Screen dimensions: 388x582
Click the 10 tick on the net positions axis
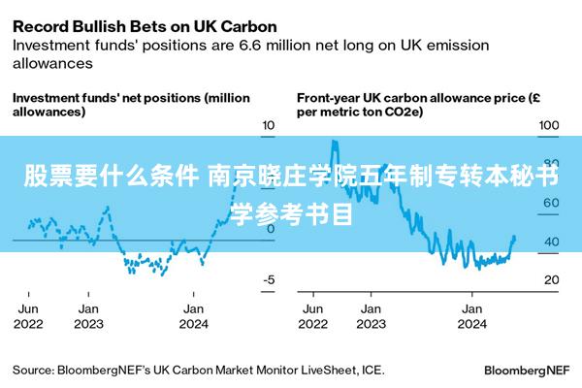[269, 125]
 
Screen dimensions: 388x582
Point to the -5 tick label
[270, 279]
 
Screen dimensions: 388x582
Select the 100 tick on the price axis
[549, 125]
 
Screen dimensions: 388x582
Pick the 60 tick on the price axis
[550, 203]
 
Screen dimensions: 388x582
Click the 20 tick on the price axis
[550, 279]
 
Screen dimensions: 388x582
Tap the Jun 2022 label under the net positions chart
[28, 315]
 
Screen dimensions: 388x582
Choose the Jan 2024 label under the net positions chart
[194, 315]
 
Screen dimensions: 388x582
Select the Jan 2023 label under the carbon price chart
[372, 315]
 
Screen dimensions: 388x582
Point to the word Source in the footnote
[33, 370]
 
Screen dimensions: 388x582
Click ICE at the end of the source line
[372, 370]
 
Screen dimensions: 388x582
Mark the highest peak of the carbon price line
[334, 142]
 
